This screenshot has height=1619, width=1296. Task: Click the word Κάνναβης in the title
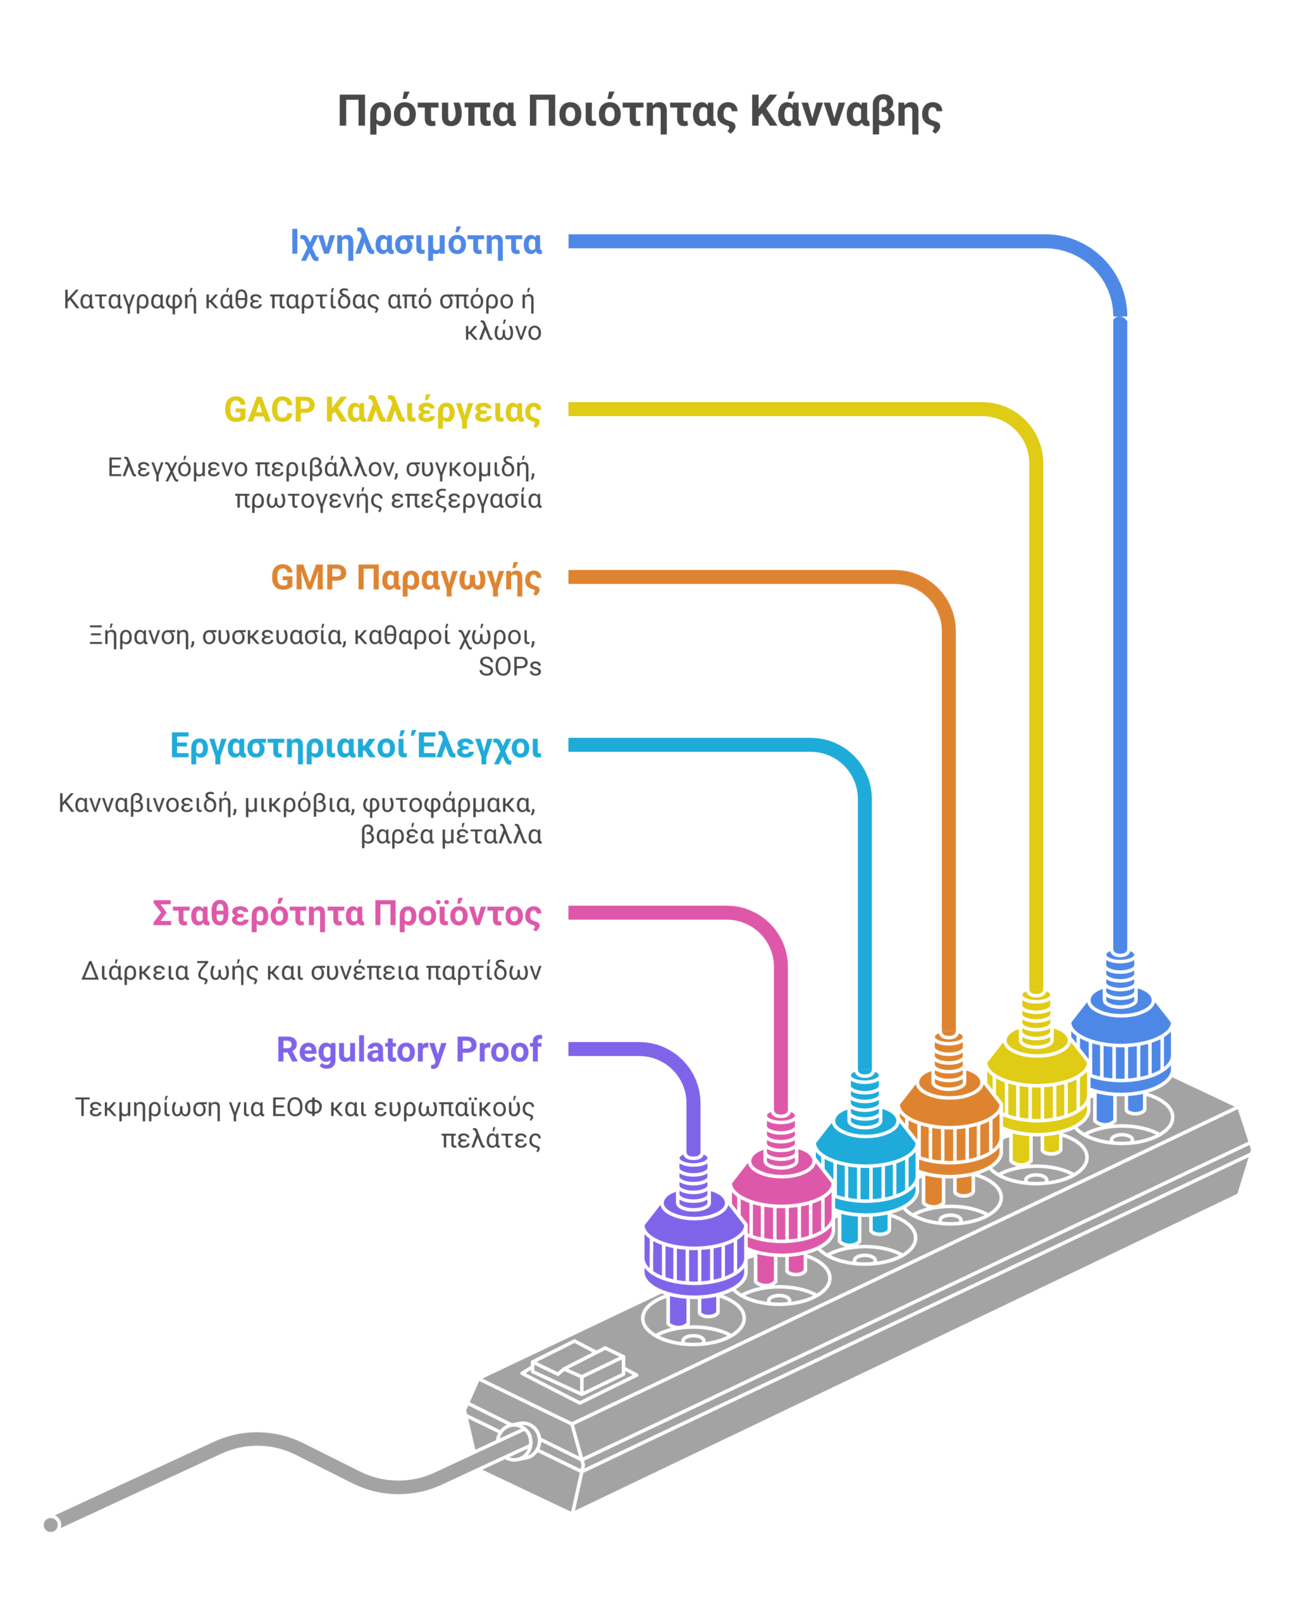pyautogui.click(x=846, y=112)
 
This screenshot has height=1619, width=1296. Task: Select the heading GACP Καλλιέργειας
pyautogui.click(x=382, y=410)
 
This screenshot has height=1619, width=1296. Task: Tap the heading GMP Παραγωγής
pyautogui.click(x=405, y=578)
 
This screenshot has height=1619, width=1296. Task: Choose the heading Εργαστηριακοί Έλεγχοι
pyautogui.click(x=355, y=746)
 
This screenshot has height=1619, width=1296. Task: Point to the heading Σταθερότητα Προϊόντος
pyautogui.click(x=346, y=914)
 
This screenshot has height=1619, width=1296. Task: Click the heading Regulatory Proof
pyautogui.click(x=409, y=1050)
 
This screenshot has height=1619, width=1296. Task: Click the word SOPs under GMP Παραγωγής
pyautogui.click(x=510, y=667)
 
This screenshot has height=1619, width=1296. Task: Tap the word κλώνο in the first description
pyautogui.click(x=502, y=331)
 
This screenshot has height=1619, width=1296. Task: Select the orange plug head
pyautogui.click(x=950, y=1123)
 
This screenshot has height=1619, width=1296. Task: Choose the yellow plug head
pyautogui.click(x=1037, y=1081)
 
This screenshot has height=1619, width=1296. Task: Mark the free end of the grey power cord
pyautogui.click(x=51, y=1524)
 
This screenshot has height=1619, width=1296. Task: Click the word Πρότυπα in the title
pyautogui.click(x=426, y=112)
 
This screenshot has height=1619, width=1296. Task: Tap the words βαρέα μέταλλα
pyautogui.click(x=450, y=835)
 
